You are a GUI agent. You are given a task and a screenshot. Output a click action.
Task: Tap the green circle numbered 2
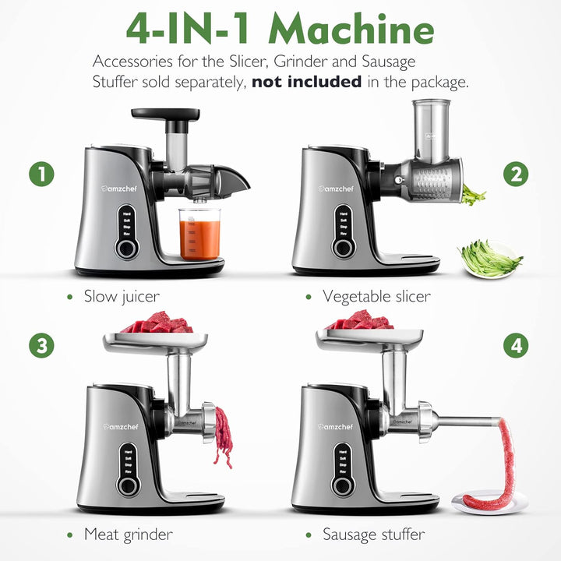tap(515, 174)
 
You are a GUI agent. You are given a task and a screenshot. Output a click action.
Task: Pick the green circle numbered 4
tap(515, 345)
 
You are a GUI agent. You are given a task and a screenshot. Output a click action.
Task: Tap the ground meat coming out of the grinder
tap(223, 436)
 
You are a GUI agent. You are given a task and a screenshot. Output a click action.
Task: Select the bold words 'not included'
tap(306, 81)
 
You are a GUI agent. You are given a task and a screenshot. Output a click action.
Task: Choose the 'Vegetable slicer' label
tap(376, 297)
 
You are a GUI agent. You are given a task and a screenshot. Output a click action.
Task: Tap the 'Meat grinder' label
tap(129, 535)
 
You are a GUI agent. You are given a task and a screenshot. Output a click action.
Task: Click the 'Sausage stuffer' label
tap(374, 535)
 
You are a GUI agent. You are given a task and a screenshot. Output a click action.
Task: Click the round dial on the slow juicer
tap(125, 248)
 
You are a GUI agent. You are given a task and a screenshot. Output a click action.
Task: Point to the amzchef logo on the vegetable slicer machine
tap(335, 188)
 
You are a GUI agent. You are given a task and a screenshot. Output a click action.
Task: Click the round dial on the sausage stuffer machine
tap(341, 485)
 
